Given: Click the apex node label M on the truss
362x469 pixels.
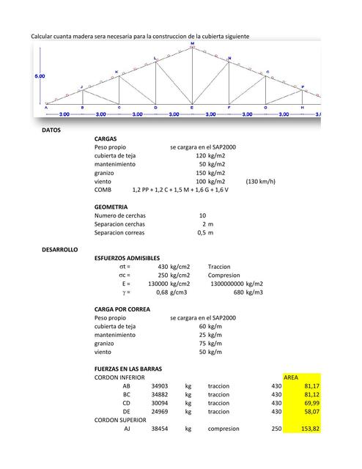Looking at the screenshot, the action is coord(193,44).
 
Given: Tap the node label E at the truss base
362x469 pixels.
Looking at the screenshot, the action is coord(192,108).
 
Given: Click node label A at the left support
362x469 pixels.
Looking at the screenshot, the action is coord(46,108).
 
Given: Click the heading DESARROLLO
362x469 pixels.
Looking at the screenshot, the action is coord(60,250).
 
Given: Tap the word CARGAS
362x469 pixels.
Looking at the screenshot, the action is coord(106,139).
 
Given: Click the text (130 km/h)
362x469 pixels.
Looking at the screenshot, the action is coord(261,181).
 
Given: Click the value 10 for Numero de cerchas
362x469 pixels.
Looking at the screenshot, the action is coord(202,215).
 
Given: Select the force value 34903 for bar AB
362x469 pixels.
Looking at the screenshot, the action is coord(160,385).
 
